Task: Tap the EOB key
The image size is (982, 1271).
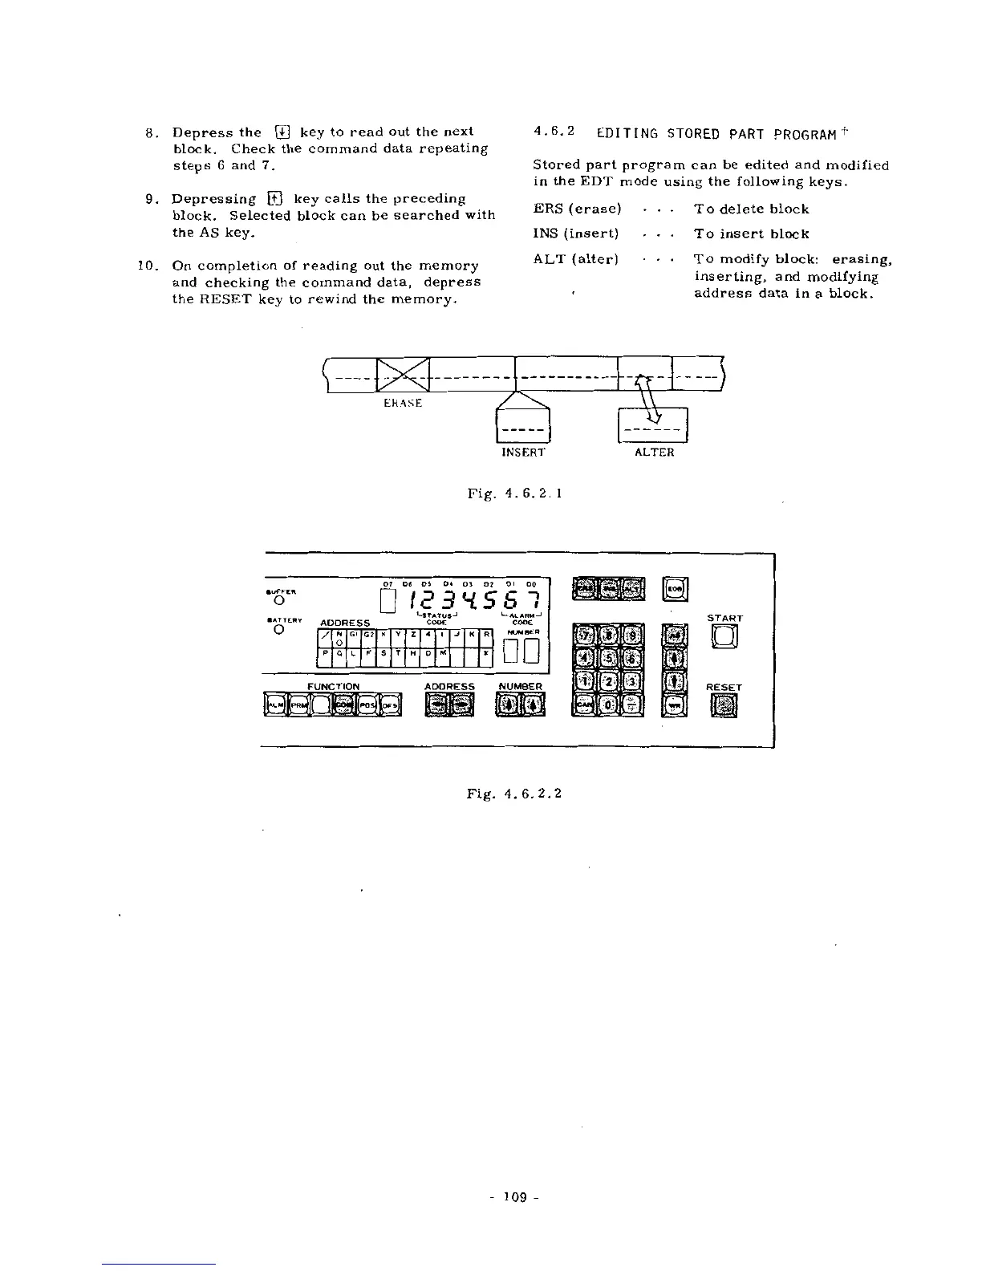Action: [x=674, y=589]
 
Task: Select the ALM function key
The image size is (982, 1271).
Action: [x=275, y=705]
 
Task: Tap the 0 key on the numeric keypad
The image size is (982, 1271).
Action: [x=609, y=705]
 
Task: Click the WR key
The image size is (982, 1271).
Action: [x=675, y=705]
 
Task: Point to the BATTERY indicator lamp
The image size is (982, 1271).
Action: [x=278, y=629]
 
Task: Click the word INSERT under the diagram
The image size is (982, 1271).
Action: [x=523, y=453]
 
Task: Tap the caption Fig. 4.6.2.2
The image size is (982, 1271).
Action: [x=513, y=793]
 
